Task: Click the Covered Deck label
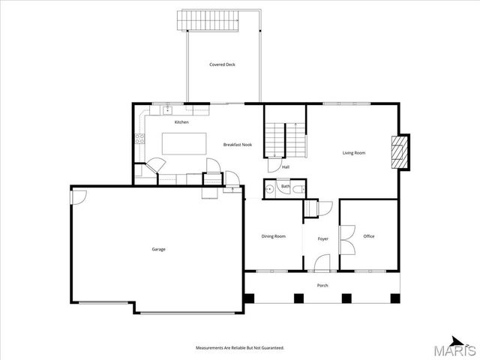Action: coord(222,65)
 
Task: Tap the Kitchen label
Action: coord(181,122)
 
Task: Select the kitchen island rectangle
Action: coord(184,144)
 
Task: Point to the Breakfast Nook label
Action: coord(237,145)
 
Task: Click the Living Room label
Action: coord(354,153)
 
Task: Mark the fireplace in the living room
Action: coord(403,153)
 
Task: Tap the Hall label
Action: coord(286,167)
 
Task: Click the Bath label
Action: coord(286,187)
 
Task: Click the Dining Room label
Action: coord(273,237)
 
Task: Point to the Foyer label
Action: coord(322,238)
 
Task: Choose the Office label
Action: coord(368,237)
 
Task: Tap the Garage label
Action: coord(158,249)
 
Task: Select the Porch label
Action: coord(322,285)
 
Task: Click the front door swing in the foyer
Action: coord(321,262)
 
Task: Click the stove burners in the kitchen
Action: coord(139,138)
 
